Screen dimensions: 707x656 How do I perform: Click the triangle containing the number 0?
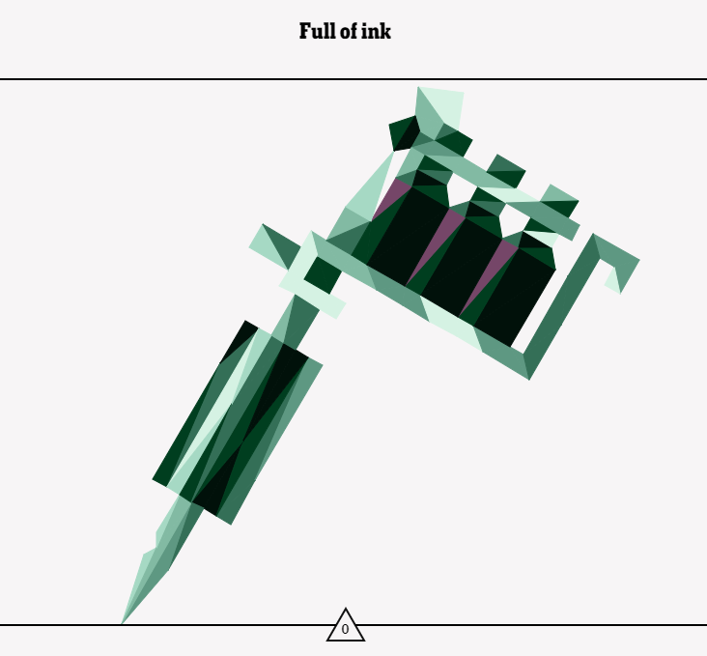click(346, 626)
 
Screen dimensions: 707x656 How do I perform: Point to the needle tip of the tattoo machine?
click(123, 623)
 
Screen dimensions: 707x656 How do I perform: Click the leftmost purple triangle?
click(389, 197)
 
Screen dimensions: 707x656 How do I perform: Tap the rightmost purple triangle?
click(490, 276)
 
